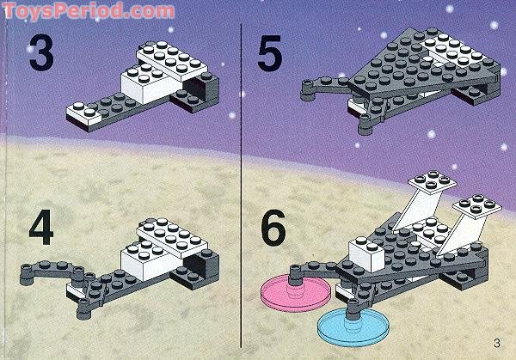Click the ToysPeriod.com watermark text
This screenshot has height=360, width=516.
click(86, 10)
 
